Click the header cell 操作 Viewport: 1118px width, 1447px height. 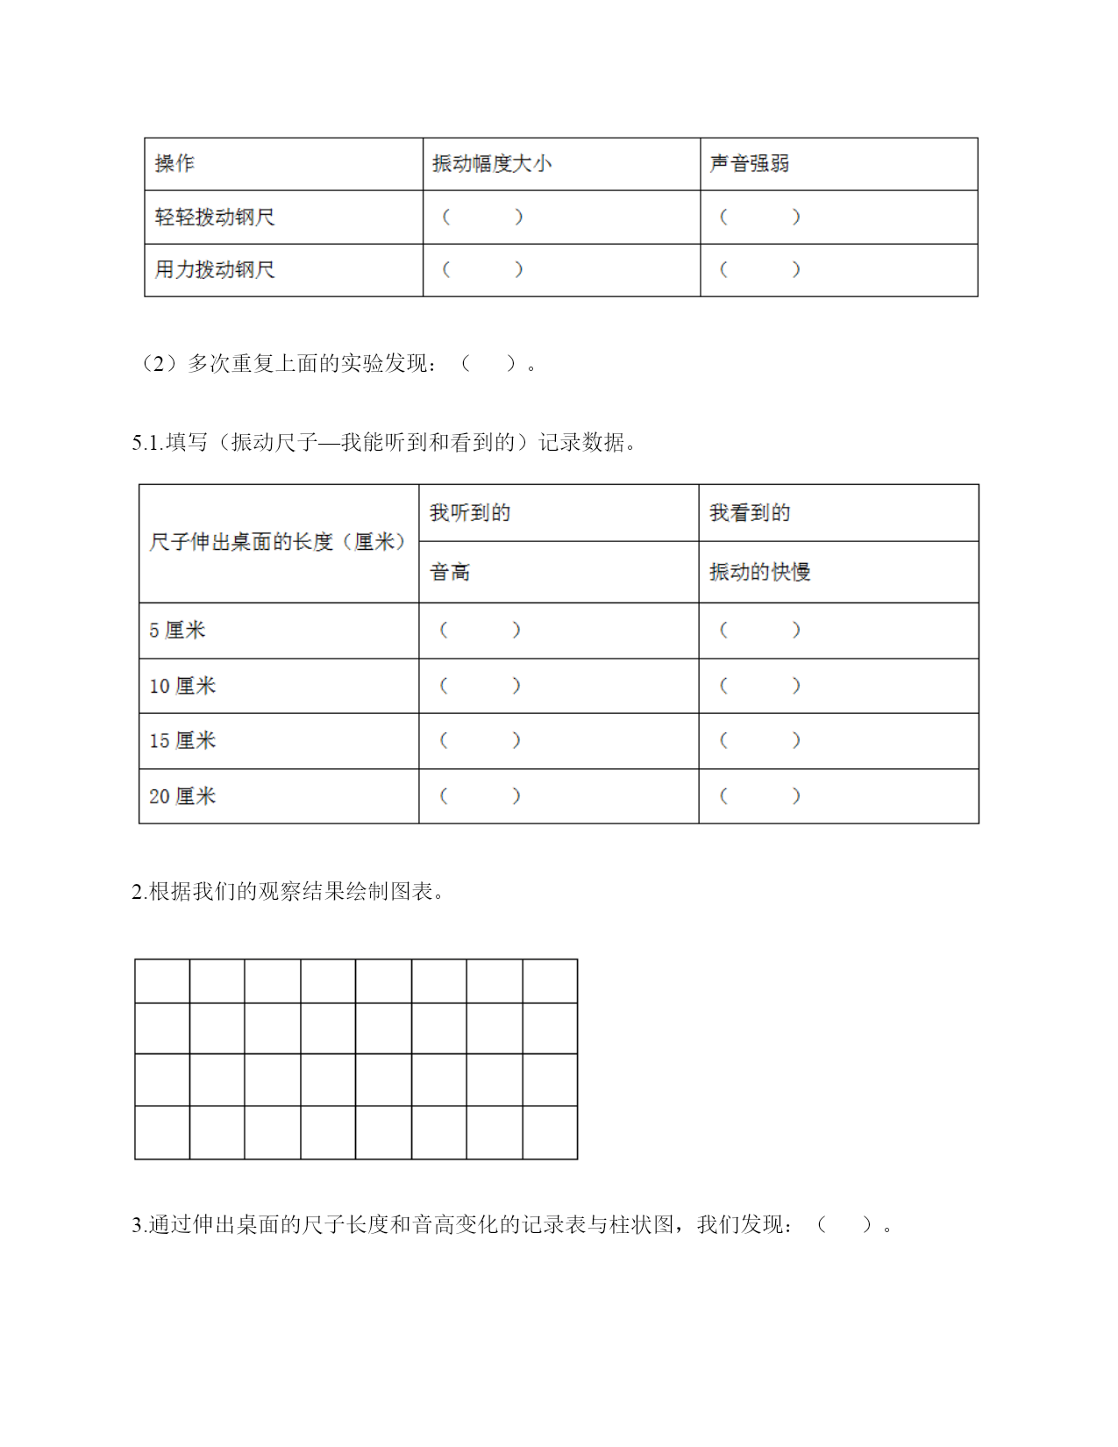tap(174, 163)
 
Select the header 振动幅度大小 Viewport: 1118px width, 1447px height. tap(491, 163)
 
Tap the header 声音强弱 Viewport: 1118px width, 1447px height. tap(749, 163)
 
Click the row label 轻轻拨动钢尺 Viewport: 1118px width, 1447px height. tap(215, 217)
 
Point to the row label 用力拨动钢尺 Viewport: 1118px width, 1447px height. tap(215, 269)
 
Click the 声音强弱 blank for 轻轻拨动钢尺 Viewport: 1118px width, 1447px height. tap(759, 217)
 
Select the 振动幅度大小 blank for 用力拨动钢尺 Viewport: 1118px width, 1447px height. tap(482, 269)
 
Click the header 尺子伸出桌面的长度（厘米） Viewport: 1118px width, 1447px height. tap(277, 542)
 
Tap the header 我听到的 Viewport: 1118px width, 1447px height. tap(470, 512)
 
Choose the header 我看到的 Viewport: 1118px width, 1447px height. tap(750, 512)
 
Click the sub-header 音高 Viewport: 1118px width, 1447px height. tap(450, 572)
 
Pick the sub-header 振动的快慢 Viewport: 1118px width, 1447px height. tap(759, 572)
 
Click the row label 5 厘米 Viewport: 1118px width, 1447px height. tap(177, 630)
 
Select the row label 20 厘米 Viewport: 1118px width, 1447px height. tap(182, 796)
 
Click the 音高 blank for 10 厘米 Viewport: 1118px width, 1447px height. tap(480, 686)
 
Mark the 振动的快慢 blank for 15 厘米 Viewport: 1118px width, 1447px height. tap(759, 740)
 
